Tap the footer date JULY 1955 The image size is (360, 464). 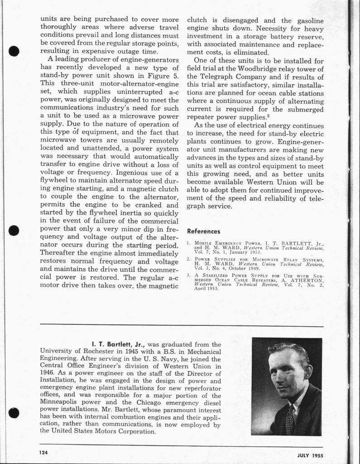[x=310, y=455]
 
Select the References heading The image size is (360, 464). [x=203, y=232]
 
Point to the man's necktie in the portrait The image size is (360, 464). [x=290, y=420]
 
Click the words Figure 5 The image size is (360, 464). [x=163, y=75]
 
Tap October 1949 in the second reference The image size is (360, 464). [x=235, y=268]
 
